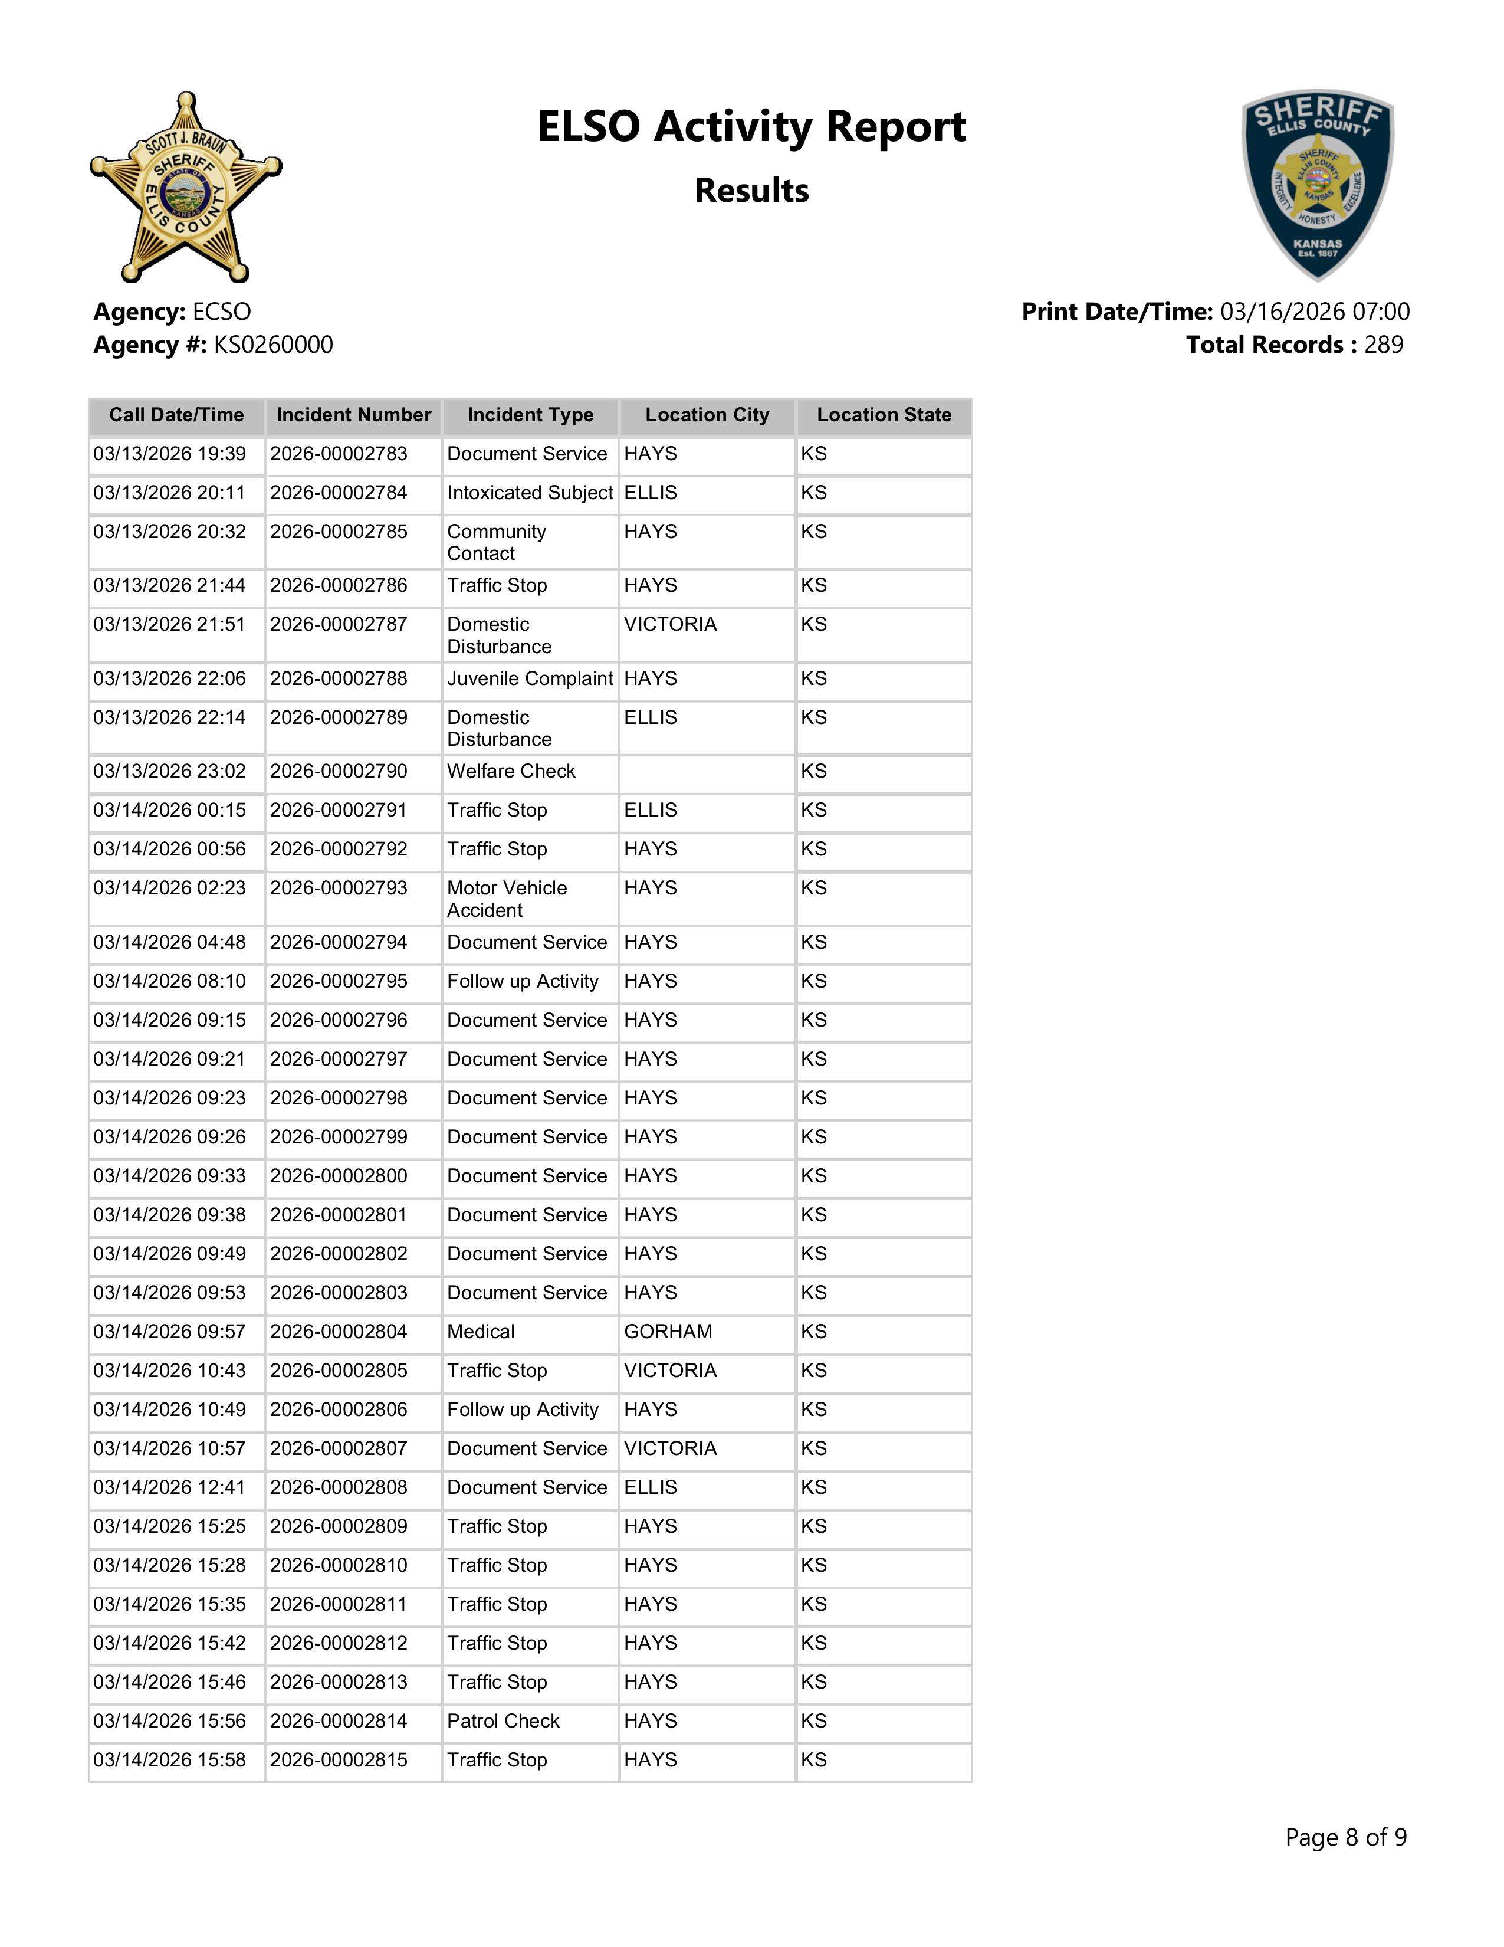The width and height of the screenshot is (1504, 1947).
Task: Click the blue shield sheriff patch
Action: [1318, 185]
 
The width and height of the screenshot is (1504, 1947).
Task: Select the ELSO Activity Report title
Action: [751, 127]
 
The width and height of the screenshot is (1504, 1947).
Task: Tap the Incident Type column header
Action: [530, 415]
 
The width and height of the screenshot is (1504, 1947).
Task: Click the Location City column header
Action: [707, 415]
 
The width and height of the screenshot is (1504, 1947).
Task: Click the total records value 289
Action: [1383, 345]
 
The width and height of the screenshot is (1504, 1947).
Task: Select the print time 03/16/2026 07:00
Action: [1314, 312]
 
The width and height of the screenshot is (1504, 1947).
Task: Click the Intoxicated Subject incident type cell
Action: [530, 493]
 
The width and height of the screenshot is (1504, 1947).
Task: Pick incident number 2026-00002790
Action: [339, 771]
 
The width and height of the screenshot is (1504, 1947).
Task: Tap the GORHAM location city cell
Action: [668, 1332]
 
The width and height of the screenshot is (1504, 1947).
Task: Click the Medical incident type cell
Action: [481, 1332]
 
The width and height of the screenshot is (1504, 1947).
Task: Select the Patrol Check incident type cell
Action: [504, 1722]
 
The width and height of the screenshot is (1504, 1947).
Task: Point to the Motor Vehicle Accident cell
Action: [507, 899]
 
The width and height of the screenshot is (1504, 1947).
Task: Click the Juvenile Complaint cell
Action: [530, 679]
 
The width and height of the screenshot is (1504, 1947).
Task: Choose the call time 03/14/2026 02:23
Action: [169, 889]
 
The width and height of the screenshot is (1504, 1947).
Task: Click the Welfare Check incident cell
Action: [511, 771]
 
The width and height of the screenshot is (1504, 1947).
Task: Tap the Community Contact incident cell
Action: [496, 542]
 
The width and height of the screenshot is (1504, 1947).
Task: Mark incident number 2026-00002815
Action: [339, 1761]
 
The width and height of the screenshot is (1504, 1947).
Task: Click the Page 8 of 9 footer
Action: [1345, 1837]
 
